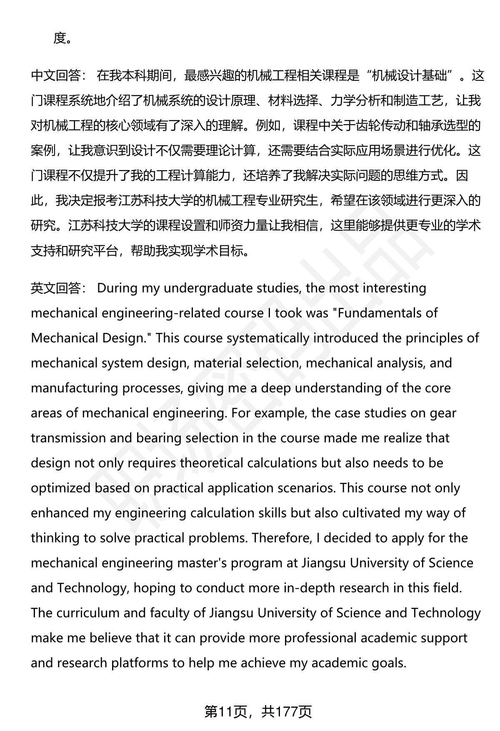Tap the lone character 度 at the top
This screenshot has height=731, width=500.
click(x=60, y=38)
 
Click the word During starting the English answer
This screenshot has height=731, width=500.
click(x=117, y=288)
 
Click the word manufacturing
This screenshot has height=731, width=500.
click(x=75, y=388)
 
